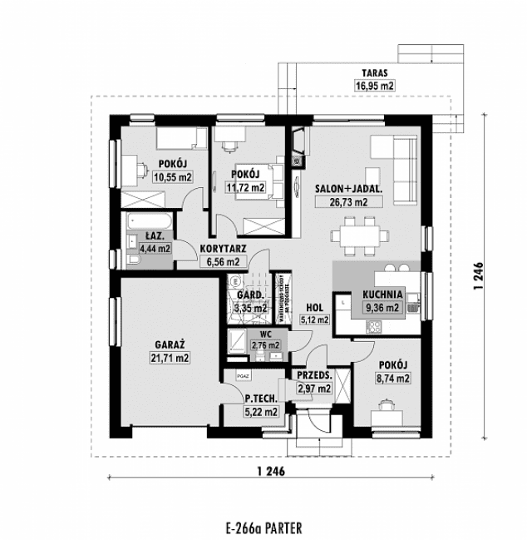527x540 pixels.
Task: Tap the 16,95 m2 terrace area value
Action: [377, 85]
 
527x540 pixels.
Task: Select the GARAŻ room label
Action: [170, 344]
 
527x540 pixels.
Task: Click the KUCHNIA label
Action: [382, 294]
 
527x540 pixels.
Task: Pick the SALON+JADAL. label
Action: [348, 189]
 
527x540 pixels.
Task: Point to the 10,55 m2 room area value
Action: [173, 176]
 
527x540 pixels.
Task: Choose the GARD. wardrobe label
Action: [250, 295]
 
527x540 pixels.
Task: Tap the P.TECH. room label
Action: [259, 399]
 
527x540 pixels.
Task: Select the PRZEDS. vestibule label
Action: [314, 376]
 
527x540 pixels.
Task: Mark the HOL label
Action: [314, 306]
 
